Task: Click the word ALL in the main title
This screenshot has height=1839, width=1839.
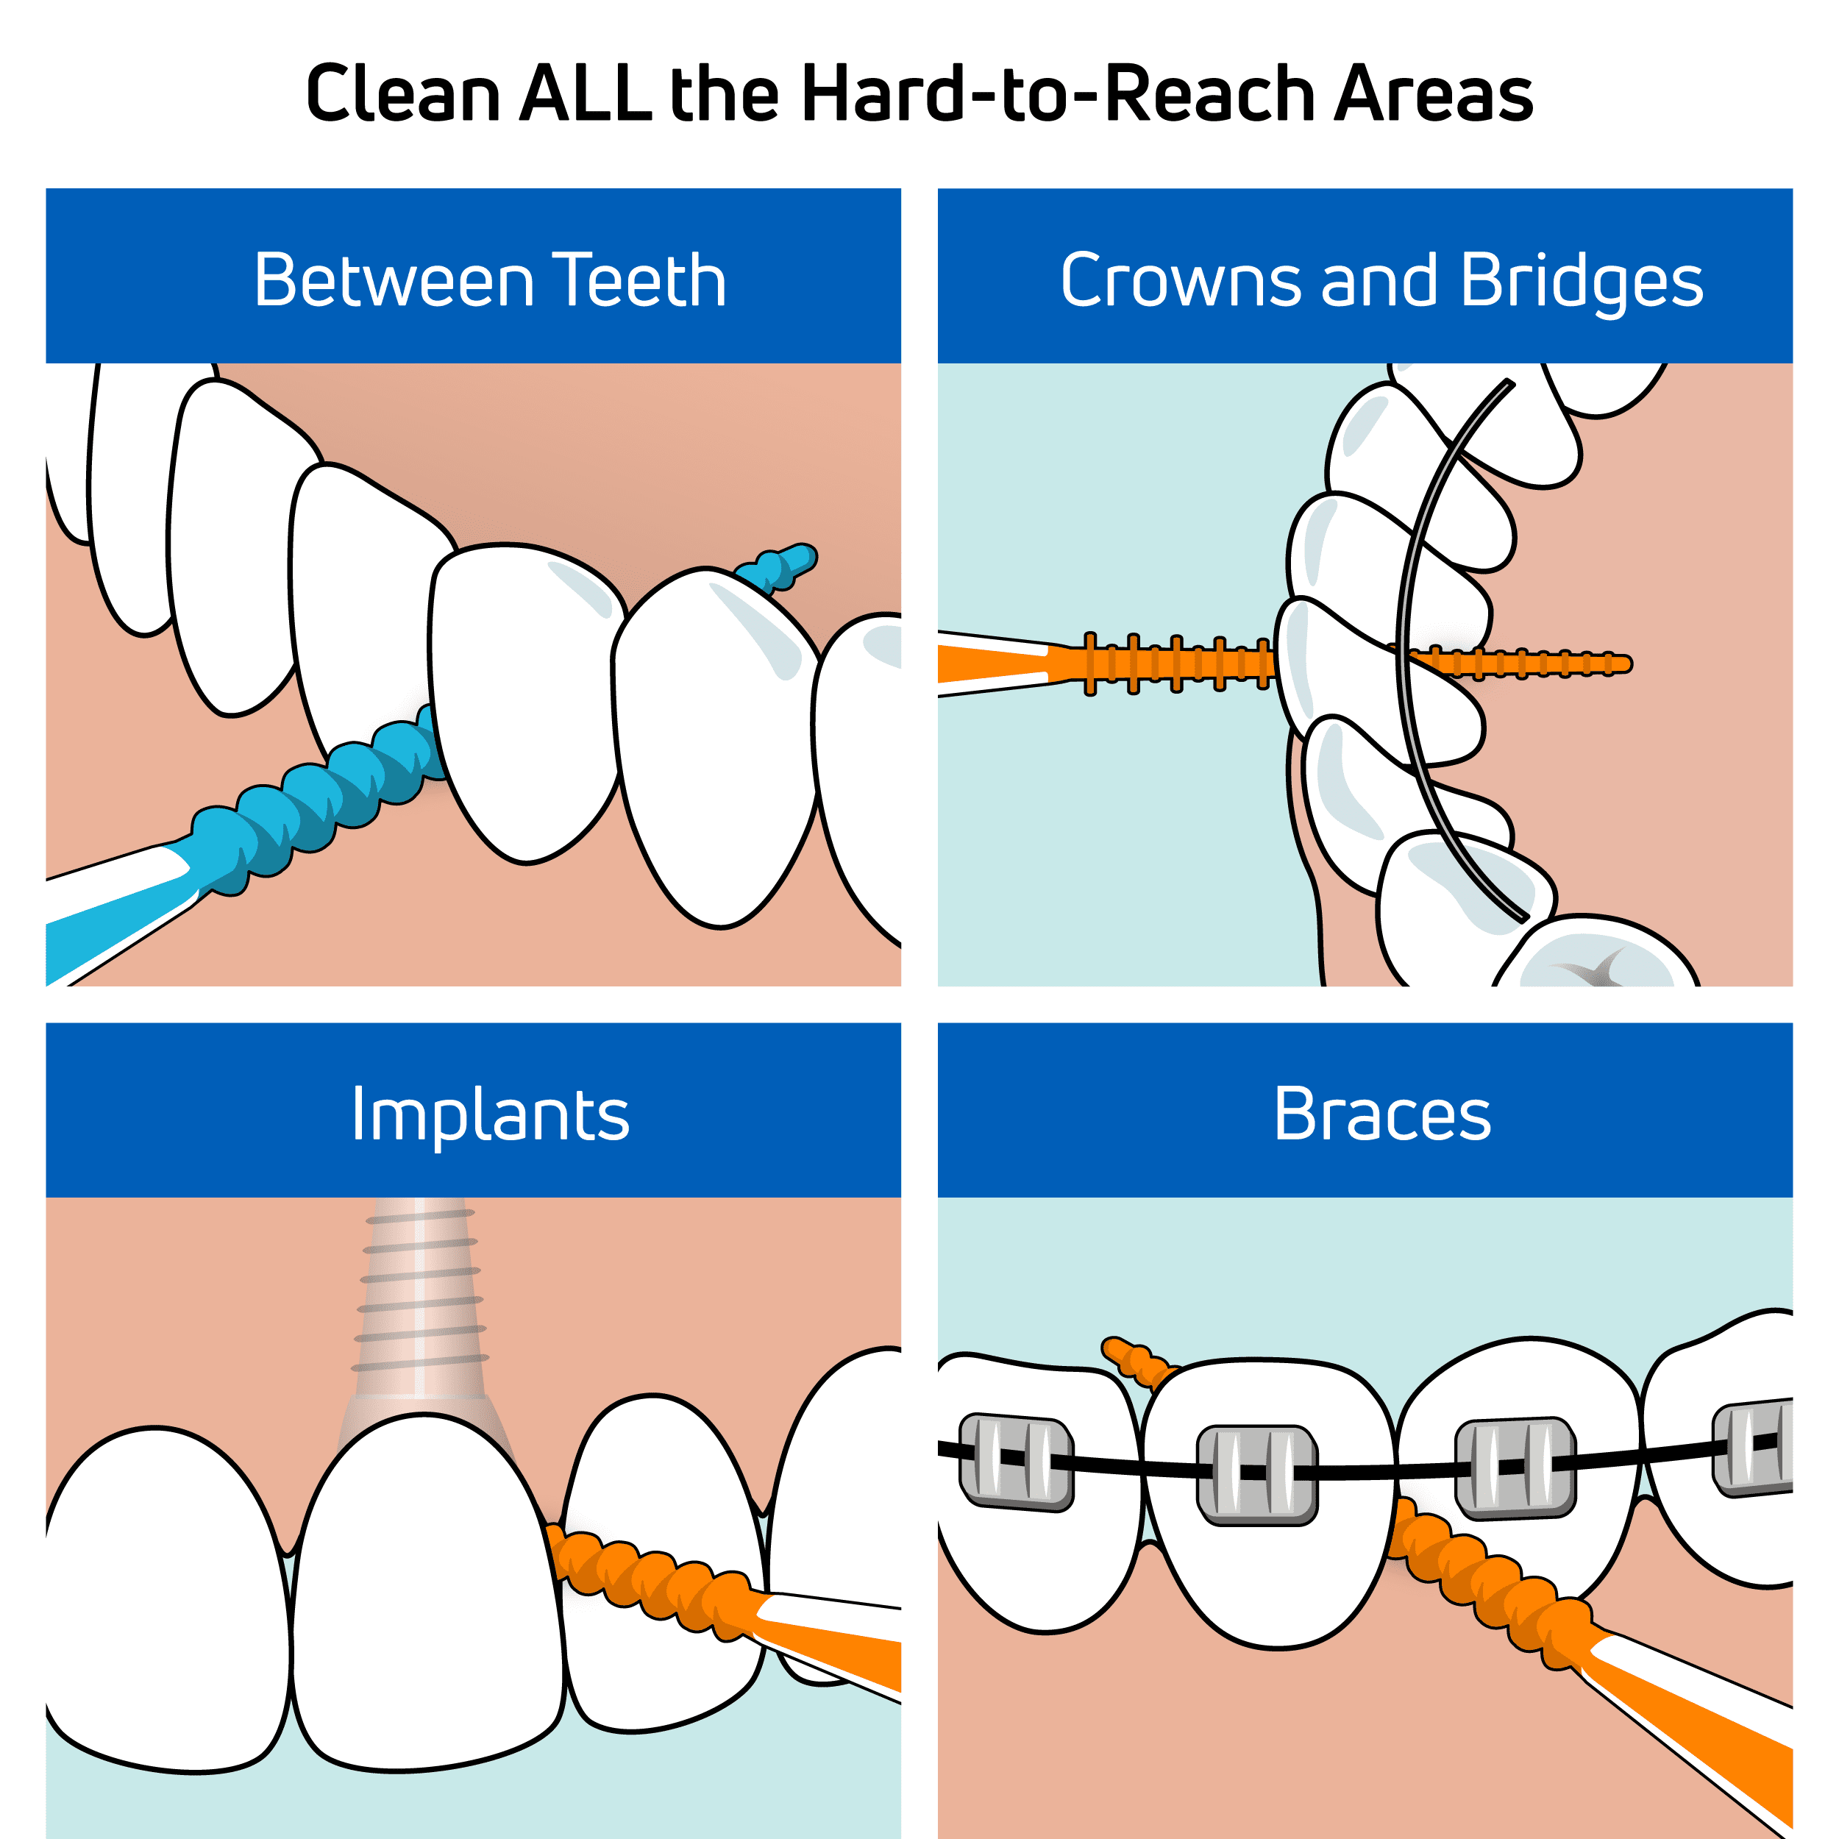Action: (586, 93)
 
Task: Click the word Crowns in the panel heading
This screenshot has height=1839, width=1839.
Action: (1181, 281)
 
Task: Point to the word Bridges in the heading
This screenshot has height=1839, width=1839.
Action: (1581, 284)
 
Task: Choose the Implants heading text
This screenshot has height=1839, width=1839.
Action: (490, 1116)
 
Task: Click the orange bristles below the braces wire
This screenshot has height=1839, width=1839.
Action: (1485, 1580)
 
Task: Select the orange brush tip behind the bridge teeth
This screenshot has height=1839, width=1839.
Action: (1518, 663)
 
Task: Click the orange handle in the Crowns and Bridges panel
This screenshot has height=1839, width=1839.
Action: (995, 664)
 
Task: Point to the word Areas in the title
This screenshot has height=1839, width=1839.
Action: (1434, 93)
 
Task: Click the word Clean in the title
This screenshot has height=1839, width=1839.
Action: (404, 93)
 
